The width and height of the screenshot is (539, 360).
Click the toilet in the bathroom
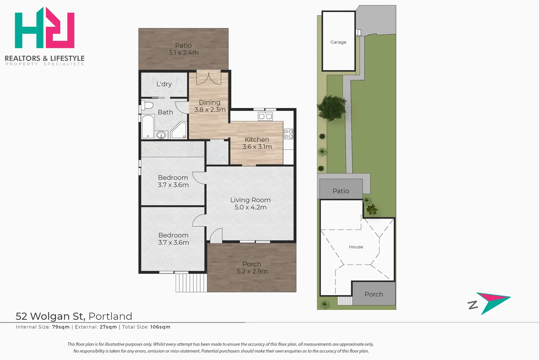(x=148, y=105)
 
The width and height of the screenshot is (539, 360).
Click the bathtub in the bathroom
(x=148, y=127)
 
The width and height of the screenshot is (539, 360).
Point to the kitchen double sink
(x=265, y=116)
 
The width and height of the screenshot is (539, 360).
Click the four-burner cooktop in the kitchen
(x=288, y=134)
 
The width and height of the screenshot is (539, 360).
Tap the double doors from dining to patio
(x=209, y=77)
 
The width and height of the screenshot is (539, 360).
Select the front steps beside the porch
(x=191, y=283)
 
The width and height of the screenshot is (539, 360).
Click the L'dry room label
(x=164, y=84)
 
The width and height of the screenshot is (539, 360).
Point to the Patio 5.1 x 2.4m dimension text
(x=184, y=52)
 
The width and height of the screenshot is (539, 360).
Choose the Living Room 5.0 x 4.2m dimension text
(x=251, y=207)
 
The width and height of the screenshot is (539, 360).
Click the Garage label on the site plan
(x=338, y=42)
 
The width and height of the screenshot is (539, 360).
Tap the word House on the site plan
(x=356, y=247)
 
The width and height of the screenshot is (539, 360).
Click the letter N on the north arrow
(x=473, y=305)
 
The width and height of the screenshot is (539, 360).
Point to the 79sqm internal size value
(x=61, y=327)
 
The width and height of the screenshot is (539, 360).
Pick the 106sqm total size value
(x=160, y=327)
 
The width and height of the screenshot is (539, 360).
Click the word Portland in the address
(x=110, y=316)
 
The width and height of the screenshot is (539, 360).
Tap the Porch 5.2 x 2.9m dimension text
(x=252, y=271)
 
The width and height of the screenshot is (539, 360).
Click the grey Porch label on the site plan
(x=374, y=294)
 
